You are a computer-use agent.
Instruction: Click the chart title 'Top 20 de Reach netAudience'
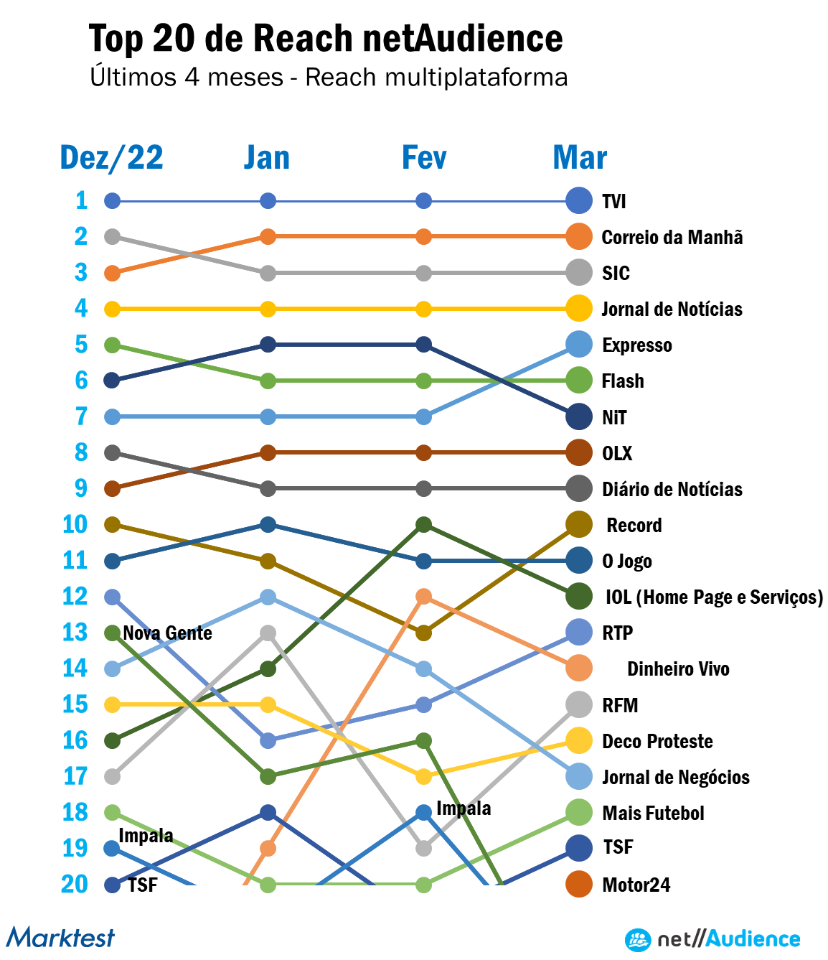click(326, 39)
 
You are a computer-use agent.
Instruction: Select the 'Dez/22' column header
click(112, 158)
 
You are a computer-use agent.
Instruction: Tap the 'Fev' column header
click(424, 158)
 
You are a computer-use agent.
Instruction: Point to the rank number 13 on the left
click(75, 633)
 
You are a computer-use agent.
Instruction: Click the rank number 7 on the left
click(81, 416)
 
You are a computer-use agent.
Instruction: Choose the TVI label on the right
click(614, 201)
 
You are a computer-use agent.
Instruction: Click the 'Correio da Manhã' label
click(672, 237)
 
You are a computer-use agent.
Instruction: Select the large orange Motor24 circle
click(579, 884)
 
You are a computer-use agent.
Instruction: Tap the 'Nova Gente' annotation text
click(167, 633)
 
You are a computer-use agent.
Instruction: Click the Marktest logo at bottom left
click(60, 938)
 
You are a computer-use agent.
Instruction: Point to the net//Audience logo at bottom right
click(712, 939)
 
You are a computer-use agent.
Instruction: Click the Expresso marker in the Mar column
click(579, 345)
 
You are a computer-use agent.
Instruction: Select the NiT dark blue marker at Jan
click(268, 345)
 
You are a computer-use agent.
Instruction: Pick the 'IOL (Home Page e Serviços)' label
click(714, 597)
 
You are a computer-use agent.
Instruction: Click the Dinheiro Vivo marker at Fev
click(423, 596)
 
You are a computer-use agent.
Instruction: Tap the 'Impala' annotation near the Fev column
click(464, 808)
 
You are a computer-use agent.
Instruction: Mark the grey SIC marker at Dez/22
click(112, 236)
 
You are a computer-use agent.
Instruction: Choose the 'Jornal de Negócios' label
click(675, 777)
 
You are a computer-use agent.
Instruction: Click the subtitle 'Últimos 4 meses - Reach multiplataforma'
click(329, 77)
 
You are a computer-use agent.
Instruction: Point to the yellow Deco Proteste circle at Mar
click(579, 740)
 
